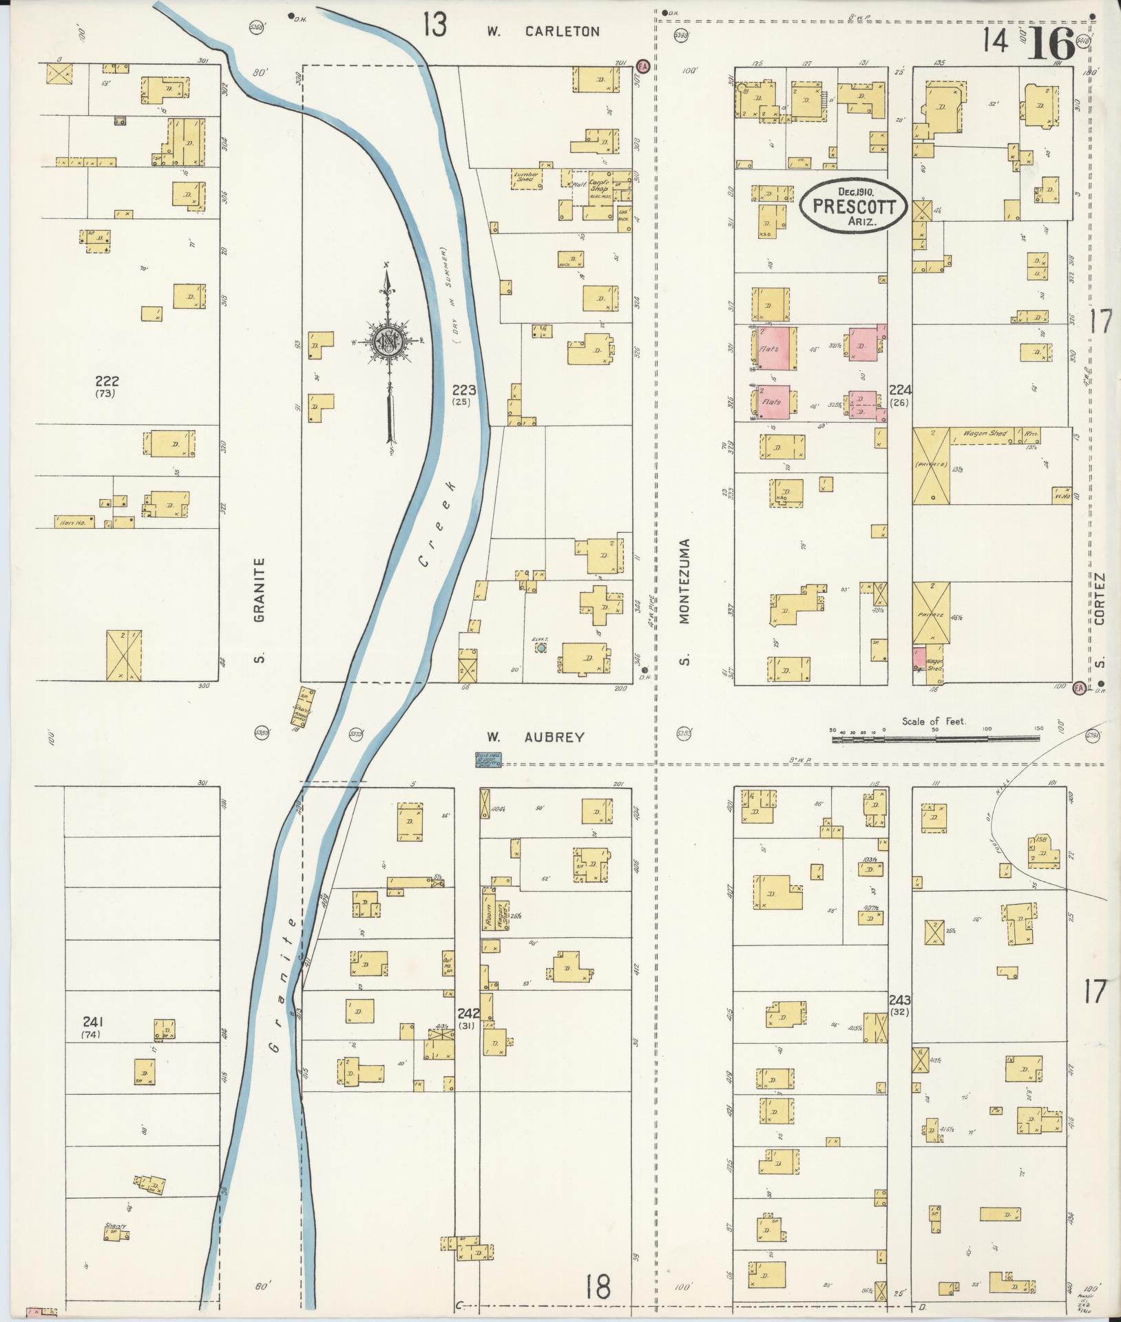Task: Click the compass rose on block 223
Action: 389,339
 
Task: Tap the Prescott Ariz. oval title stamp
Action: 854,207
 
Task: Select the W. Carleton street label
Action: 543,31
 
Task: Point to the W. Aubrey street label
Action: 536,737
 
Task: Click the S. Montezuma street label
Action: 684,600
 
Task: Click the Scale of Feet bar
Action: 936,738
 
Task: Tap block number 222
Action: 107,381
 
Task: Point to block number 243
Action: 899,1000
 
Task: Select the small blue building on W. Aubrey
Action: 489,759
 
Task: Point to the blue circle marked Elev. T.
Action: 542,648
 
